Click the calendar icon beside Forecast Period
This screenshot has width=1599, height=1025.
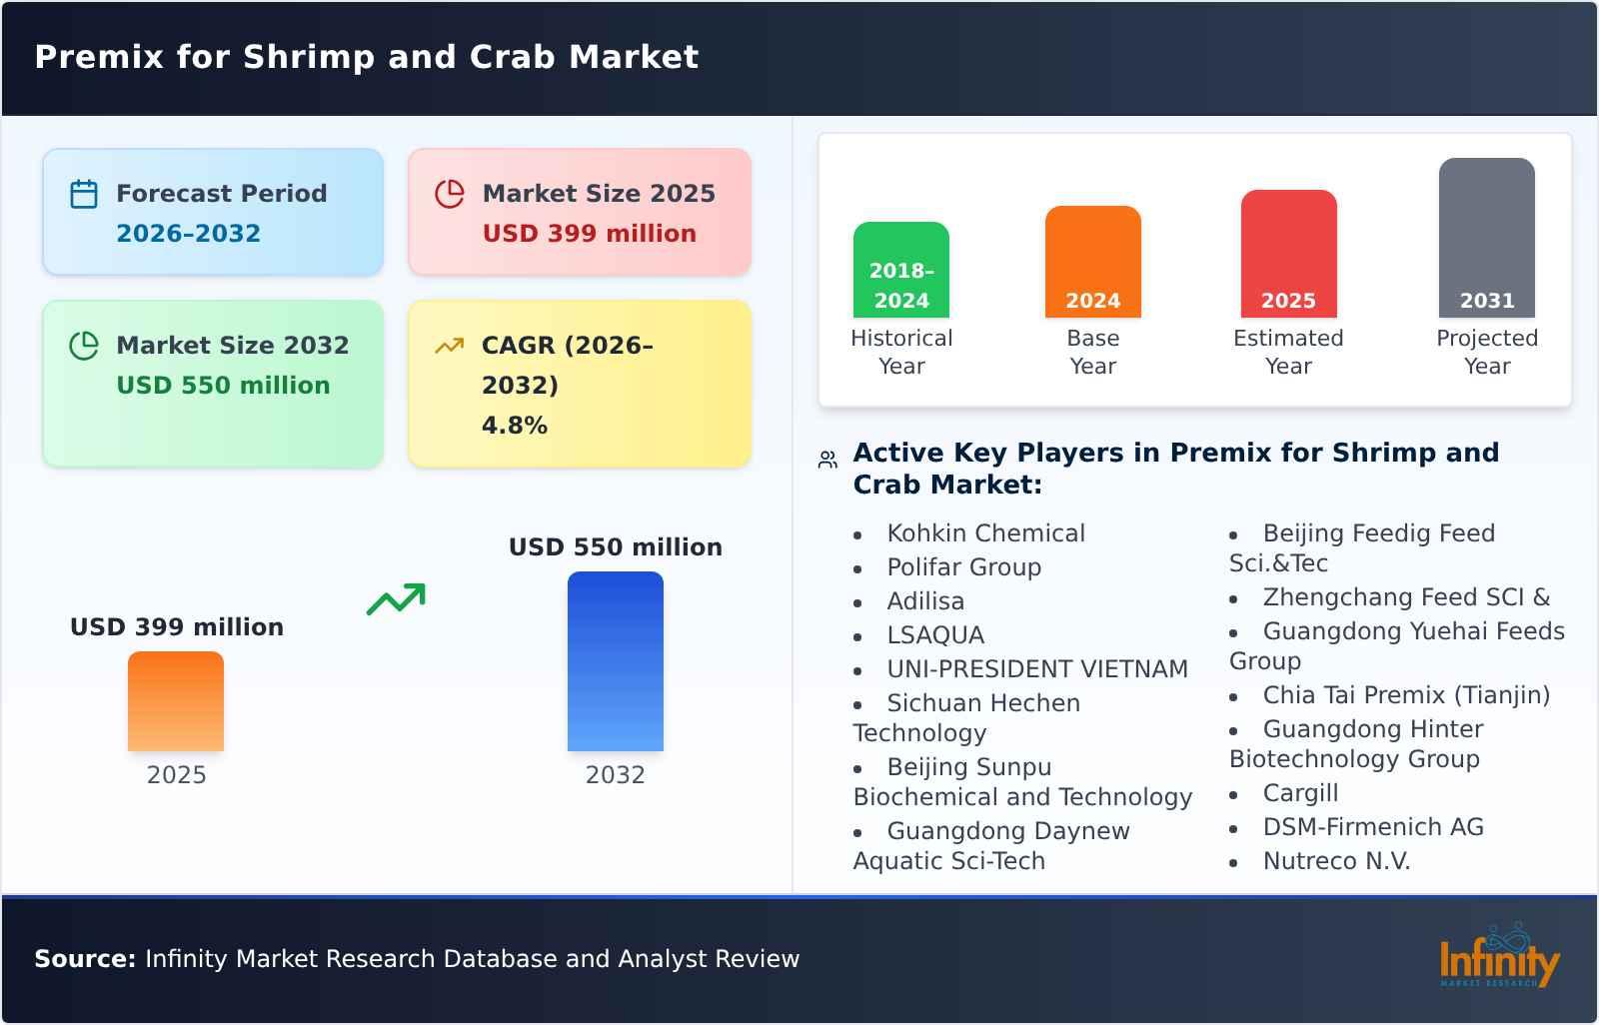84,194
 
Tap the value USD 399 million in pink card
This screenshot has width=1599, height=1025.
589,233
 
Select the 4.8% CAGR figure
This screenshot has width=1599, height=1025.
514,425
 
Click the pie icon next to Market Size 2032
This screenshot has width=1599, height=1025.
84,346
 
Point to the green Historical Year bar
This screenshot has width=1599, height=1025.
900,270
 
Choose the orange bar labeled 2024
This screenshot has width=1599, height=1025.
1092,262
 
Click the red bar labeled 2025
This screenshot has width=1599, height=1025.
1288,254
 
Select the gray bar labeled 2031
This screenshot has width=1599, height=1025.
1486,238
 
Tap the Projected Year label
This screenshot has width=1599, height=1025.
1486,352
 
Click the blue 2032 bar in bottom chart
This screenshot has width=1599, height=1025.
615,661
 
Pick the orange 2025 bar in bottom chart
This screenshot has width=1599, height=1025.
176,701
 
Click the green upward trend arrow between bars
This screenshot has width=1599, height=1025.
396,599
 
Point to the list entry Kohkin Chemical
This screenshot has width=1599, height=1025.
985,533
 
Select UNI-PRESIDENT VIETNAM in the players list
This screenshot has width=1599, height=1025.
1036,669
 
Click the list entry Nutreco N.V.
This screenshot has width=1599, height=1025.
1336,861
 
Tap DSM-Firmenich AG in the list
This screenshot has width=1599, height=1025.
1373,827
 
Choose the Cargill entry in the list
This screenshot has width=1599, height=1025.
1299,793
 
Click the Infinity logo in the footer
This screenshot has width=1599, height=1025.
1498,957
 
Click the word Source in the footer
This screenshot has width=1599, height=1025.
84,959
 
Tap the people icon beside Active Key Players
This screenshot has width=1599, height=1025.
827,460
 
